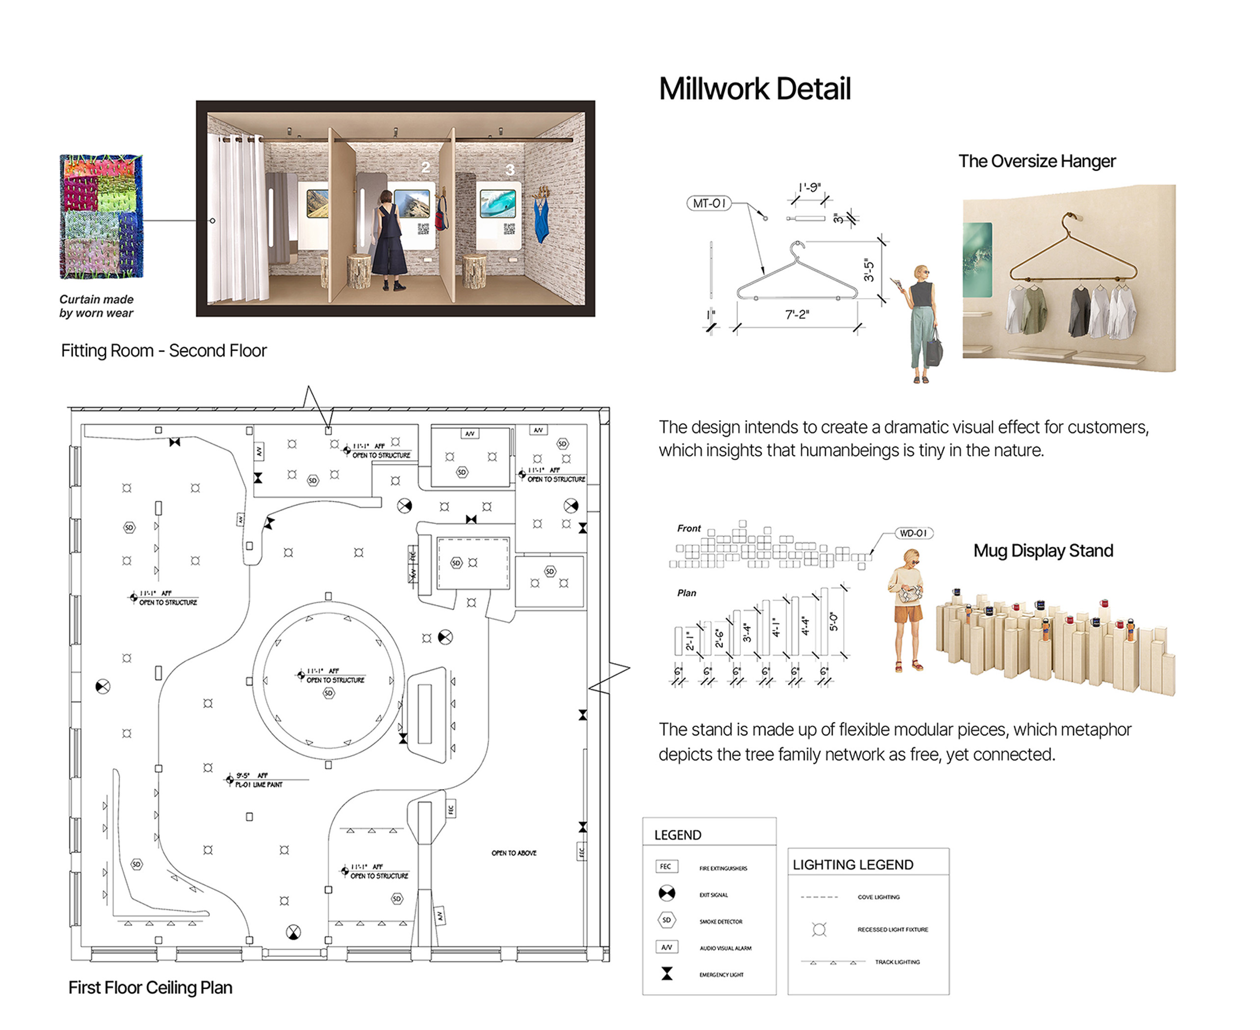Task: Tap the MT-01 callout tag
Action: [x=709, y=204]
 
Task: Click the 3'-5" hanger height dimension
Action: [x=869, y=270]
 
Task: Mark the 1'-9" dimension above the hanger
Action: [x=810, y=187]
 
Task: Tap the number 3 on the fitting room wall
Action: [x=510, y=170]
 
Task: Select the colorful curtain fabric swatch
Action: [x=101, y=217]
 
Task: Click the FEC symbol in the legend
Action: [x=666, y=866]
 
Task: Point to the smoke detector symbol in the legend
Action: [x=666, y=920]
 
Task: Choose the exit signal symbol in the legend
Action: [x=666, y=894]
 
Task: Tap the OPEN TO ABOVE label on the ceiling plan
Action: [x=513, y=853]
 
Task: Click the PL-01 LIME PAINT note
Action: [x=259, y=785]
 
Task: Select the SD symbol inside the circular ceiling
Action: [x=328, y=693]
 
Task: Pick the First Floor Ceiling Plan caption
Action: [x=150, y=987]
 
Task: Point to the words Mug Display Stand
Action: [x=1043, y=551]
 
